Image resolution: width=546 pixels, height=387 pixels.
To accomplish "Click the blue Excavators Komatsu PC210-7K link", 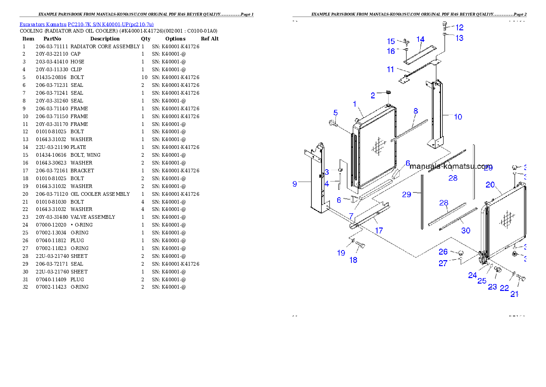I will tap(86, 24).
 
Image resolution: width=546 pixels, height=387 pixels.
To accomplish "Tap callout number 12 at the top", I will tap(459, 28).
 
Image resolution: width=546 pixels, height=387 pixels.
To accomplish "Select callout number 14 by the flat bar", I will tap(420, 40).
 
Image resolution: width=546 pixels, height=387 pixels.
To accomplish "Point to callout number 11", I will tap(390, 69).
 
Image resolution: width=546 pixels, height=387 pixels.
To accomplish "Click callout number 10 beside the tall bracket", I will tap(458, 117).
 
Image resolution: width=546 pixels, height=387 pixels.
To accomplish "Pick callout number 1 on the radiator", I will tap(355, 104).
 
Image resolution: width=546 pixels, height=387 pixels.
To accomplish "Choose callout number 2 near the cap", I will tap(373, 96).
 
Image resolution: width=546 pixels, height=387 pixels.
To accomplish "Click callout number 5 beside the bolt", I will tap(335, 113).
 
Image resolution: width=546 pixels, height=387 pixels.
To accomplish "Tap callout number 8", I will tap(416, 111).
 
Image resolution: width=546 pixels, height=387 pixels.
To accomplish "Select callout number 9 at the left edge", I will tap(295, 184).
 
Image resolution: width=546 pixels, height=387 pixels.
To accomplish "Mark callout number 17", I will tap(379, 231).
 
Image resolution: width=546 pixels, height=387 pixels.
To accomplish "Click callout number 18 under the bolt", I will tap(353, 260).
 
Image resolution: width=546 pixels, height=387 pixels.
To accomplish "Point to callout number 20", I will tap(490, 185).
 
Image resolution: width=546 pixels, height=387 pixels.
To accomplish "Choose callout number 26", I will tap(443, 252).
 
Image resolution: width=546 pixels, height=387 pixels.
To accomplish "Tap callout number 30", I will tap(465, 231).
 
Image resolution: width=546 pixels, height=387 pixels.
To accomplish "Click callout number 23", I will tap(492, 287).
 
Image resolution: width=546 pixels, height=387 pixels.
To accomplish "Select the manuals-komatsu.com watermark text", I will tap(451, 166).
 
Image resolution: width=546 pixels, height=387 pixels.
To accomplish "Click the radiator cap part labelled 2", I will tap(388, 93).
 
